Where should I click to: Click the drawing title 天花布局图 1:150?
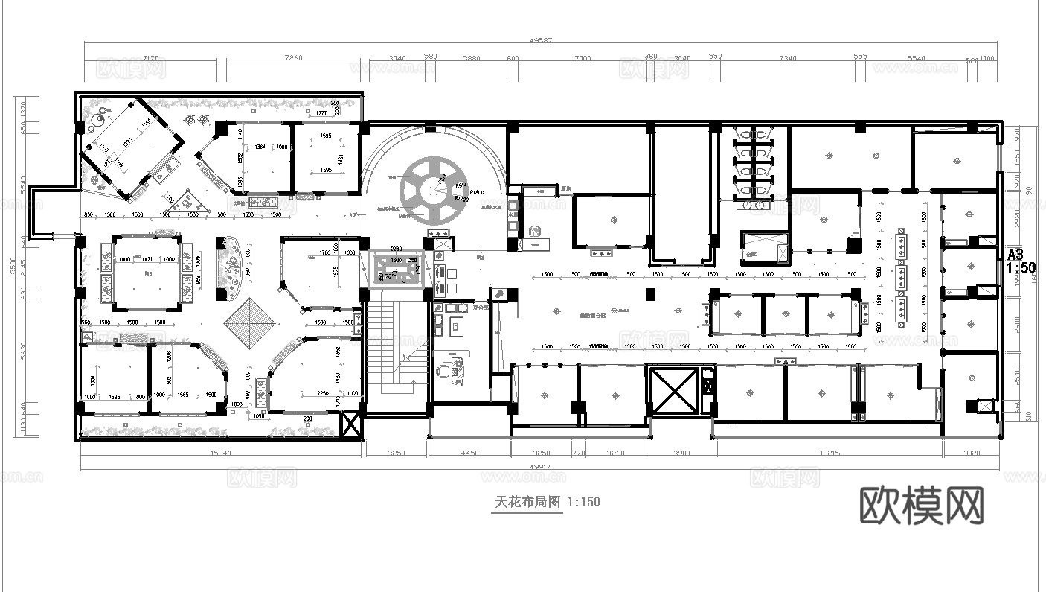click(x=547, y=502)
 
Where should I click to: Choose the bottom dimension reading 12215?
click(x=829, y=453)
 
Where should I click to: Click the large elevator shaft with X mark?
click(x=673, y=391)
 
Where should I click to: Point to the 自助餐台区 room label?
click(x=593, y=315)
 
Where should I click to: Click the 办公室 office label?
click(x=459, y=307)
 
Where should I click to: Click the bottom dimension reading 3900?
click(x=681, y=453)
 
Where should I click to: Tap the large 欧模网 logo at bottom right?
click(x=922, y=506)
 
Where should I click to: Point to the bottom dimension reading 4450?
click(x=469, y=453)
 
